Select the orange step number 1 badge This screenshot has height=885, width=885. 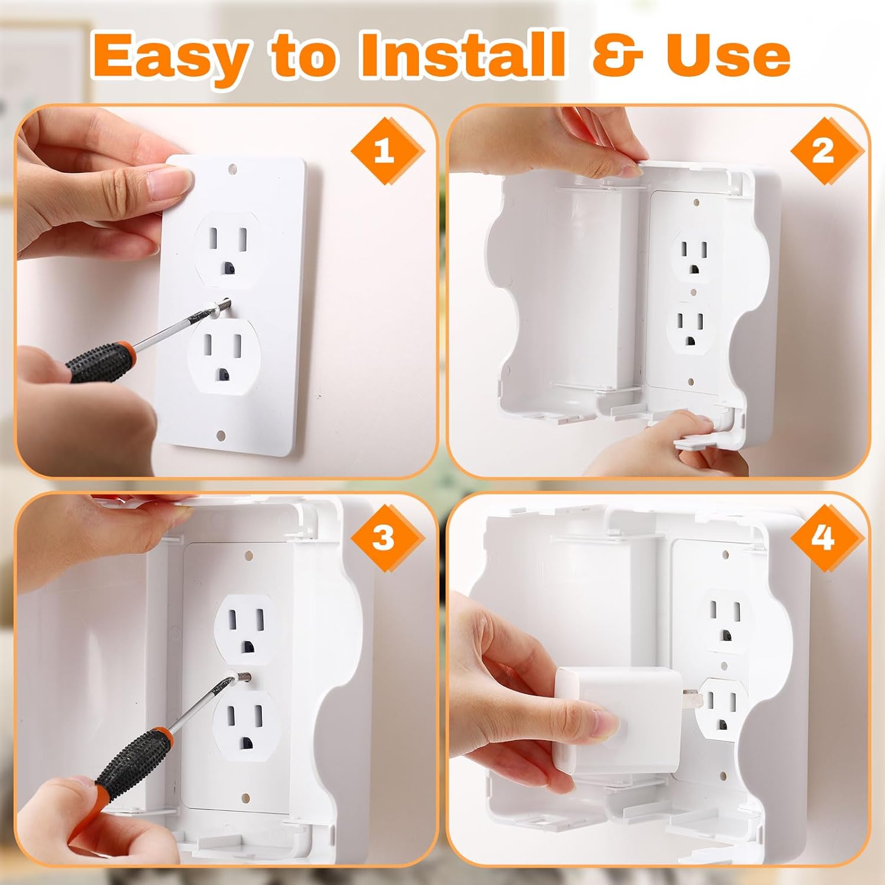[x=385, y=151]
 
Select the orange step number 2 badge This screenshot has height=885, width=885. [x=822, y=151]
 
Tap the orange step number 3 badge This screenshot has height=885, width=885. [x=385, y=538]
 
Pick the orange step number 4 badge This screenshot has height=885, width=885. [x=822, y=538]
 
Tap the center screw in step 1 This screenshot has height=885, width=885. [x=223, y=306]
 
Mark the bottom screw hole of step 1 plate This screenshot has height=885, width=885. [x=221, y=435]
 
